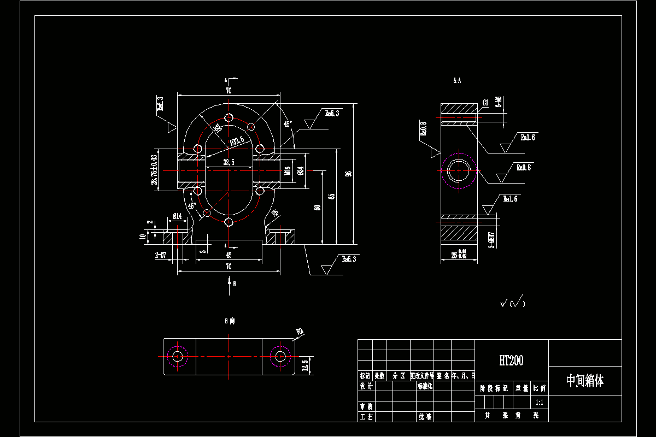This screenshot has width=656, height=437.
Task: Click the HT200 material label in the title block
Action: coord(511,361)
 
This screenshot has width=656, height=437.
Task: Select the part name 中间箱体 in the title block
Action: coord(584,381)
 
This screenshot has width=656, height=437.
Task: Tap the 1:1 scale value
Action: coord(539,402)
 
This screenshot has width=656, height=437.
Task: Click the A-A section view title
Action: coord(457,81)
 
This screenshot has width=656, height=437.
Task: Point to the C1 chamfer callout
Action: coord(485,102)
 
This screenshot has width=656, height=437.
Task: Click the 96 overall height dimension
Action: coord(348,174)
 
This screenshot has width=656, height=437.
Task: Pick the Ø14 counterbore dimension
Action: coord(177,216)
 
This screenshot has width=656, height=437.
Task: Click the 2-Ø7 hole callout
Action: coord(161,255)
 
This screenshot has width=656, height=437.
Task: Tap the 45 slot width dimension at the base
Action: coord(229,255)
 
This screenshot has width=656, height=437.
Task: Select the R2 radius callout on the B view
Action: coord(299,331)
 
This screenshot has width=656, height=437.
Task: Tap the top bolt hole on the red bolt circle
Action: coord(229,119)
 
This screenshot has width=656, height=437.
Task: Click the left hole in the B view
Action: coord(177,356)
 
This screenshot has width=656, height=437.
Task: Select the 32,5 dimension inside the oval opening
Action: coord(229,162)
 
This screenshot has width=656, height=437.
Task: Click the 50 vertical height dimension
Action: coord(317,208)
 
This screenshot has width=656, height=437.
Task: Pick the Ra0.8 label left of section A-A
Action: coord(423,129)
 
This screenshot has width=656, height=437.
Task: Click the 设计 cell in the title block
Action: coord(366,386)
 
